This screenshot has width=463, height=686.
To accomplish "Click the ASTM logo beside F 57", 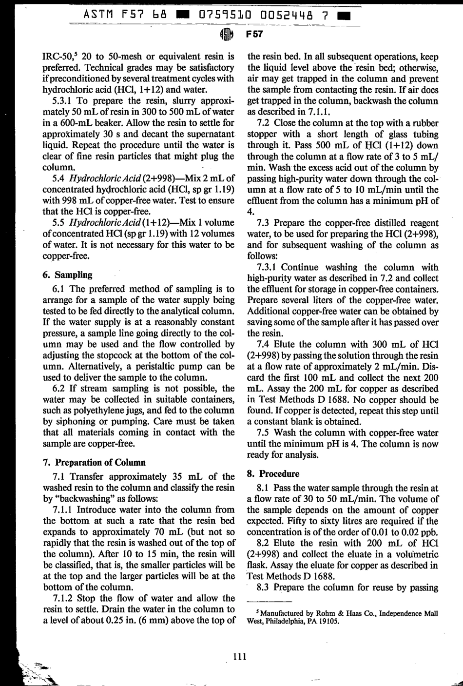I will [x=227, y=34].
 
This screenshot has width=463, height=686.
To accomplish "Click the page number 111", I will [x=240, y=656].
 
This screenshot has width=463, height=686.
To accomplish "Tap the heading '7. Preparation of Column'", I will [x=95, y=462].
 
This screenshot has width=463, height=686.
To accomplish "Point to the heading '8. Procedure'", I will [x=273, y=473].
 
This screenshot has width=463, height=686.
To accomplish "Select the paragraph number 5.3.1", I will [x=63, y=101].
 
